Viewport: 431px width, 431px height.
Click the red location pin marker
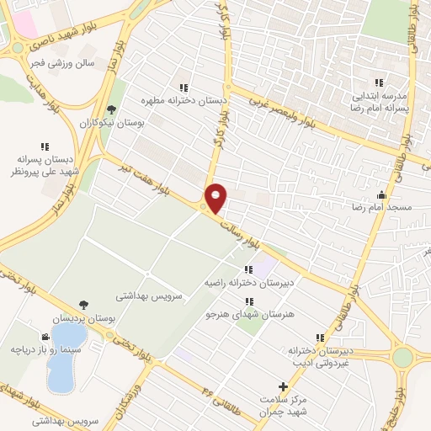coord(215,197)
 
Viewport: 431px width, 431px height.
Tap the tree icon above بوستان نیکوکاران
coord(111,109)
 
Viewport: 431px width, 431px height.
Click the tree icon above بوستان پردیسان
coord(82,306)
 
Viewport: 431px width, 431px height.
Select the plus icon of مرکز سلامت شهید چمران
coord(284,386)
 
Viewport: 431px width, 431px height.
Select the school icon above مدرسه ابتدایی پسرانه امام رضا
coord(378,82)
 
